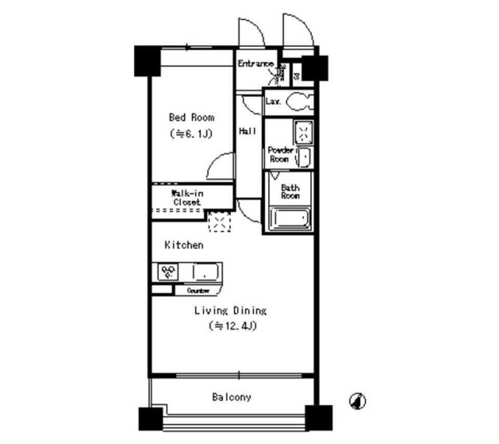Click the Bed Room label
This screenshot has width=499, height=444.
pyautogui.click(x=191, y=117)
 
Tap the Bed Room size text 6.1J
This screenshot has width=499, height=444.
pyautogui.click(x=191, y=134)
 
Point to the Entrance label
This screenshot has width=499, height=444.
pyautogui.click(x=255, y=64)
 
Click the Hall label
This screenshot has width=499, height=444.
pyautogui.click(x=247, y=132)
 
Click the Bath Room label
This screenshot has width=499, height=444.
pyautogui.click(x=290, y=192)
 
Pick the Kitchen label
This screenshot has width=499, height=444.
pyautogui.click(x=184, y=244)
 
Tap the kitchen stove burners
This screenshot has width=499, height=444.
pyautogui.click(x=168, y=271)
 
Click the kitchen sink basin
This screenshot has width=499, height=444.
pyautogui.click(x=206, y=271)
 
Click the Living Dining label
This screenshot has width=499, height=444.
pyautogui.click(x=230, y=311)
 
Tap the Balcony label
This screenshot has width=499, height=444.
pyautogui.click(x=231, y=397)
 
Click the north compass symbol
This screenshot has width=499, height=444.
pyautogui.click(x=358, y=401)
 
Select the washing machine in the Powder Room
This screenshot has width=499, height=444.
pyautogui.click(x=303, y=133)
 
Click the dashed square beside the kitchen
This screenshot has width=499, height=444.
pyautogui.click(x=219, y=222)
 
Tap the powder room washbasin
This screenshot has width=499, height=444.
pyautogui.click(x=305, y=156)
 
